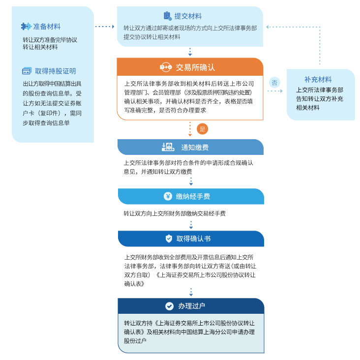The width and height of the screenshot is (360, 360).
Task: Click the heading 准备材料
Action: (47, 27)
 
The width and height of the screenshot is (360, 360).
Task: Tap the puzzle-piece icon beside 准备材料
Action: (26, 27)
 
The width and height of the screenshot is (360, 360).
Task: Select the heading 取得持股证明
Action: (56, 71)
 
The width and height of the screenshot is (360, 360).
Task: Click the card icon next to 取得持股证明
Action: (27, 71)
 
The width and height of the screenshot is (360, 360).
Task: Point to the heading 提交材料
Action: (188, 16)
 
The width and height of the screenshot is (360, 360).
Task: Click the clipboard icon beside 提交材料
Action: (168, 16)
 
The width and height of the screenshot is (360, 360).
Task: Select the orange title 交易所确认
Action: (195, 67)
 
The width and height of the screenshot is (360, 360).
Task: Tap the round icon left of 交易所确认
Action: (166, 67)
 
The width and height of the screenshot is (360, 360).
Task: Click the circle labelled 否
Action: (274, 83)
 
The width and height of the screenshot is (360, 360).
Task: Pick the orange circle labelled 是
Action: (202, 129)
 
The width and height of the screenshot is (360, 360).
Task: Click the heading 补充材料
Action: (318, 80)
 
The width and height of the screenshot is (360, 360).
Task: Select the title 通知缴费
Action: (195, 148)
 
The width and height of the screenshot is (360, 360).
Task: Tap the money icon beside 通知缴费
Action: (168, 147)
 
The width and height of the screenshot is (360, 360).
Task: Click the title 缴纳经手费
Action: (193, 197)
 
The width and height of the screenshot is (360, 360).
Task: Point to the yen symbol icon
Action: (168, 196)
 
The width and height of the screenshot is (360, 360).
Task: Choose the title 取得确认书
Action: (193, 239)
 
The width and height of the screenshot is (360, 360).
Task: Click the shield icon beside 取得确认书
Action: (169, 239)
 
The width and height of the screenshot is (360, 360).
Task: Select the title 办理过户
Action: (192, 306)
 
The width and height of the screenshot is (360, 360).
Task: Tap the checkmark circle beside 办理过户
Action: (170, 306)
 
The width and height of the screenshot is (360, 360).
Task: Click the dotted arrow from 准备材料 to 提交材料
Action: (105, 27)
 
